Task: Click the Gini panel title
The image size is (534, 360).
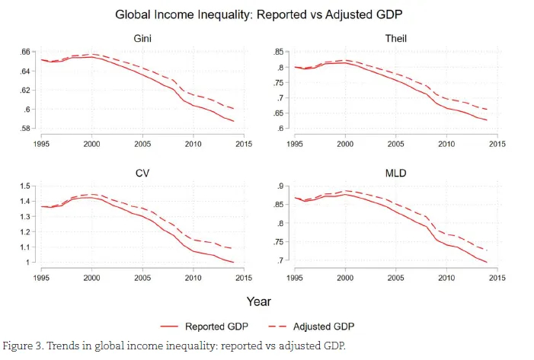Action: (142, 38)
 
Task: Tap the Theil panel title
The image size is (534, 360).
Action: (396, 38)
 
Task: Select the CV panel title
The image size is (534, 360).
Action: (142, 174)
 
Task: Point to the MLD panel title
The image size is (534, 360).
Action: (396, 174)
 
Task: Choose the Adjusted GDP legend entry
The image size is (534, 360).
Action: (324, 327)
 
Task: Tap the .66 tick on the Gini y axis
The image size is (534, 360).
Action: (24, 52)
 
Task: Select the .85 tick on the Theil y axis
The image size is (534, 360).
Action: (279, 52)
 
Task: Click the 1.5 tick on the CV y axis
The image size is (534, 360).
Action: (23, 186)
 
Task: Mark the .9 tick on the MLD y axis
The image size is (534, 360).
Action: (281, 186)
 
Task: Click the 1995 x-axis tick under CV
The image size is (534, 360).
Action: (41, 278)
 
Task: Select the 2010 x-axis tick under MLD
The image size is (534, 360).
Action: (446, 278)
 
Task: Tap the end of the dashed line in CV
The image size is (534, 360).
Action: (234, 249)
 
